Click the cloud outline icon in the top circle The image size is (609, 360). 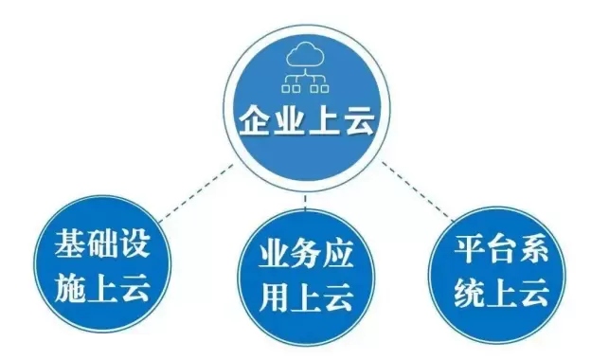tap(305, 56)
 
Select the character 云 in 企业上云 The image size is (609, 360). tap(359, 120)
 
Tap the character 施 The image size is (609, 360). tap(69, 287)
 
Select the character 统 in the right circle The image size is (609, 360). tap(469, 294)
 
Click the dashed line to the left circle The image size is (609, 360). tap(196, 192)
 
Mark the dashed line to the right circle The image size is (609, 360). tap(418, 192)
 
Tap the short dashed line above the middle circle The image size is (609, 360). tap(305, 203)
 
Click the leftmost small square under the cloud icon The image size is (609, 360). tap(286, 89)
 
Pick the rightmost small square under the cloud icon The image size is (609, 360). tap(325, 89)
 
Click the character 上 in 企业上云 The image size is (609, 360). tap(324, 120)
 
